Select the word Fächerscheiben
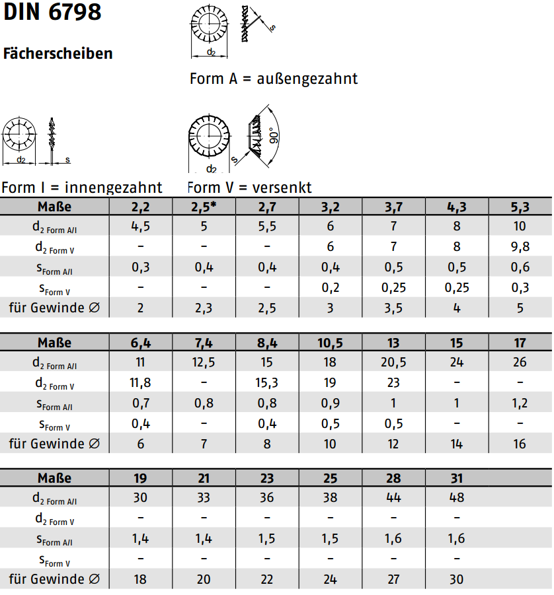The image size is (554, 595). click(58, 53)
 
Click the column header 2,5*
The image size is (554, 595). click(204, 207)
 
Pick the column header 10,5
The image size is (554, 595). click(331, 343)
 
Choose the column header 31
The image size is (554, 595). click(457, 478)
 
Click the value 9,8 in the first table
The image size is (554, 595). click(520, 247)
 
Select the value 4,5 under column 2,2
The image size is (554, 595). click(141, 227)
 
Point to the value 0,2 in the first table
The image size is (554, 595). click(331, 287)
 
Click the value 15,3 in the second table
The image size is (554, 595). click(267, 382)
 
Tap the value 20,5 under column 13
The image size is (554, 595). click(394, 363)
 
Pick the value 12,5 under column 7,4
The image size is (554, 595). click(204, 363)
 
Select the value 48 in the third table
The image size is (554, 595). click(457, 498)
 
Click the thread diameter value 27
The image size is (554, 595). click(394, 579)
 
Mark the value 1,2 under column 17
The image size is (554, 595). click(520, 403)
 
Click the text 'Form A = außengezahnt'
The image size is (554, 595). click(274, 79)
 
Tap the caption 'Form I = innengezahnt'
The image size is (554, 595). click(82, 188)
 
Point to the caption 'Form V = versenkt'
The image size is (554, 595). click(250, 188)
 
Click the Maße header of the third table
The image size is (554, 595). click(54, 478)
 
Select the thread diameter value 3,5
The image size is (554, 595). click(394, 308)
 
